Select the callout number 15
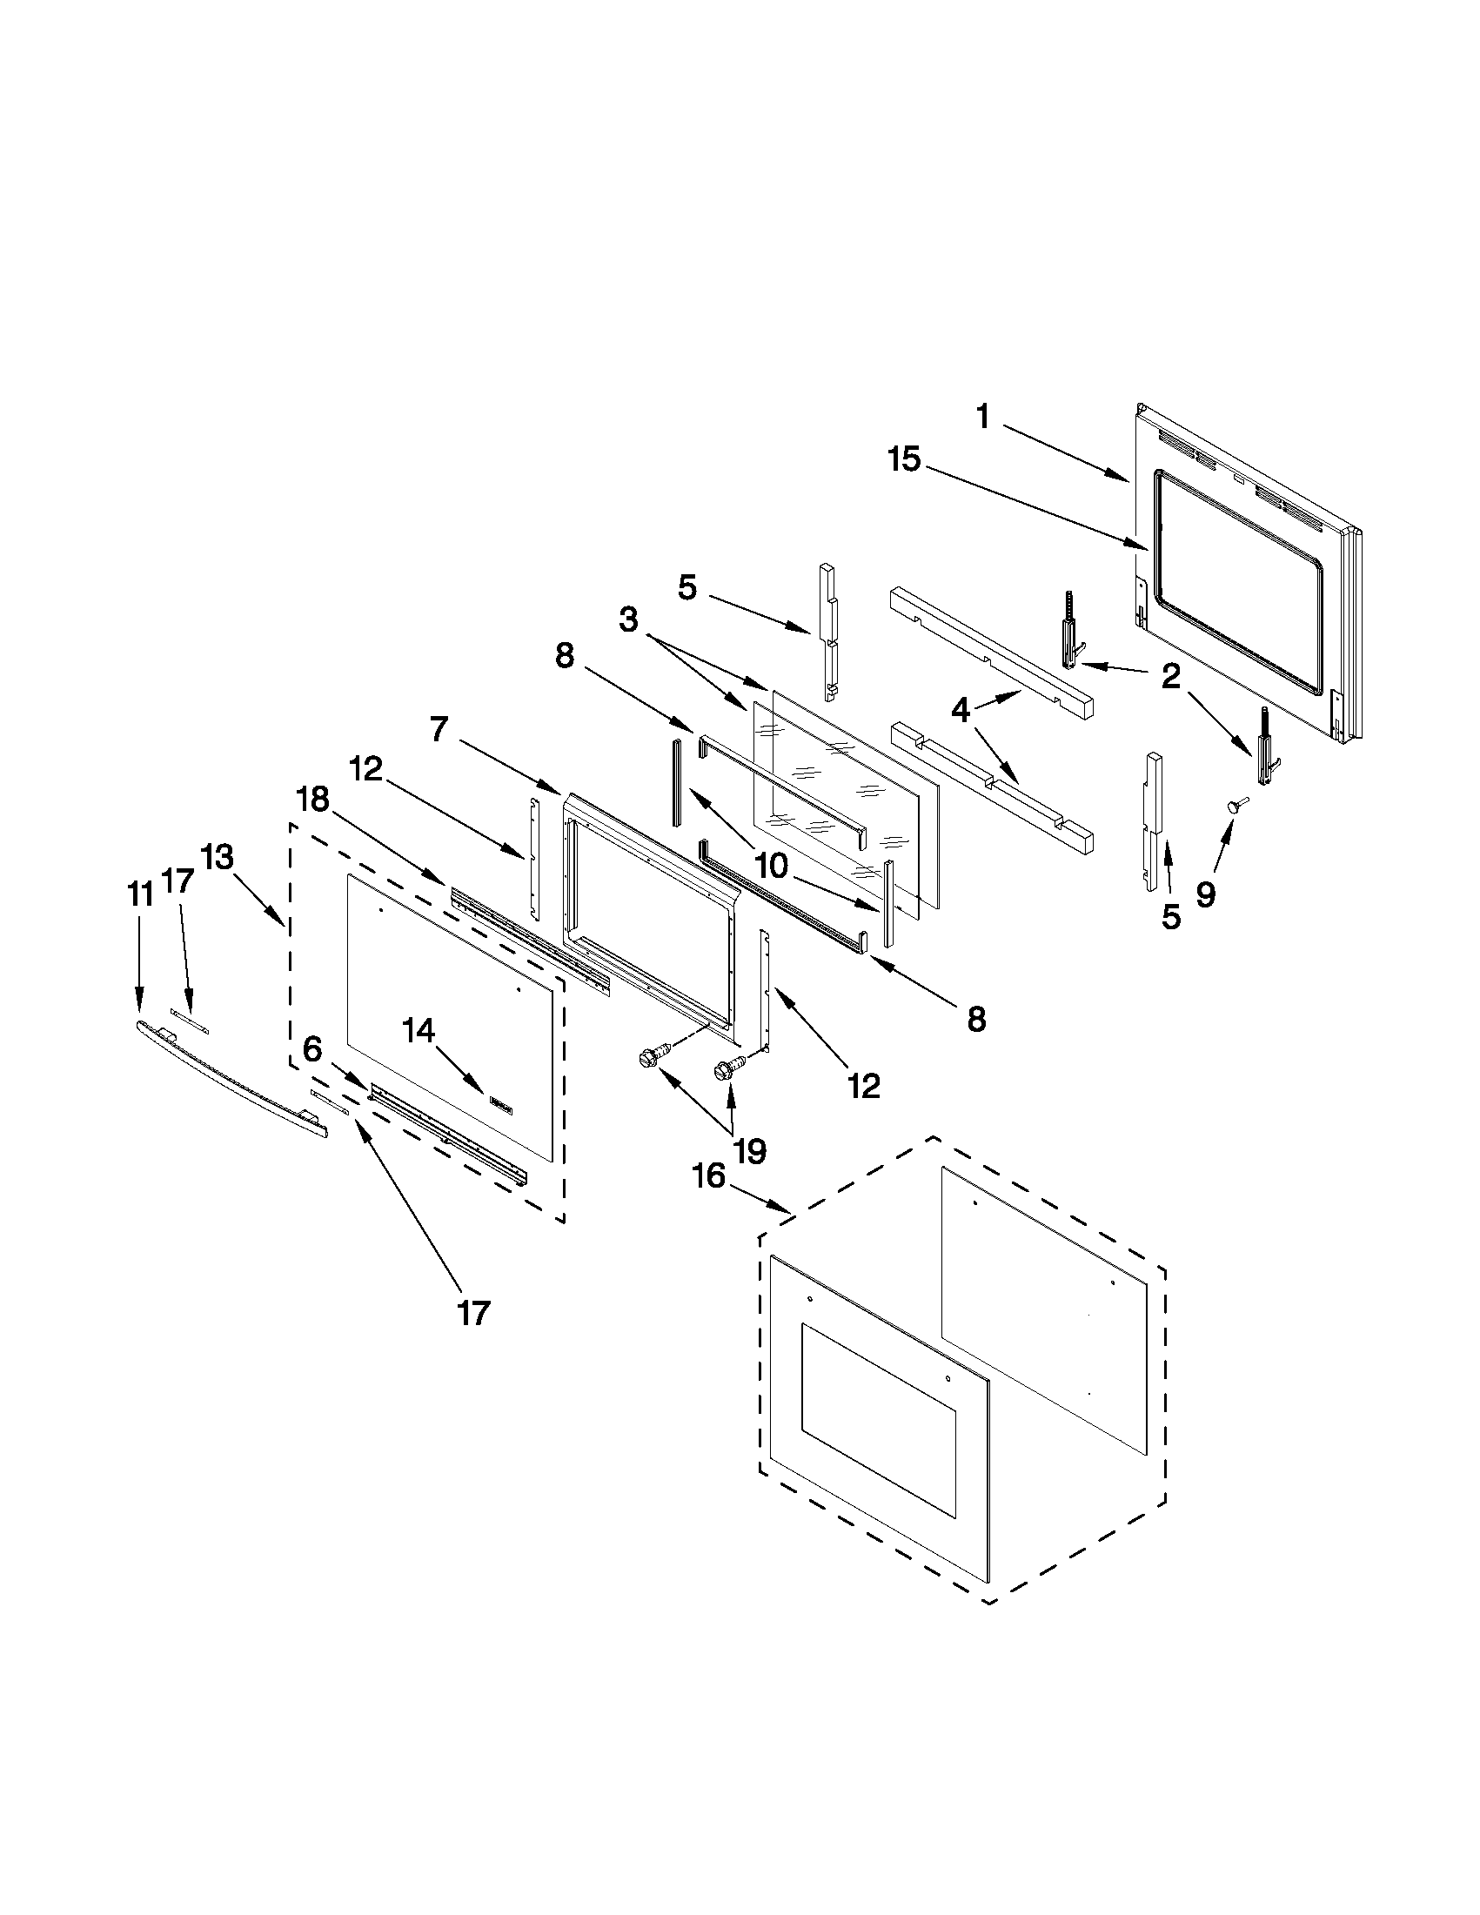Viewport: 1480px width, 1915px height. point(904,459)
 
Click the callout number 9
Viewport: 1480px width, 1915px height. point(1206,894)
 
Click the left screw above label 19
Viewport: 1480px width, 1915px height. point(652,1057)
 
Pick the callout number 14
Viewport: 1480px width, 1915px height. point(419,1031)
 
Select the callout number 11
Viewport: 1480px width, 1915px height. point(139,894)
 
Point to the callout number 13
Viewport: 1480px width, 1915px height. point(217,857)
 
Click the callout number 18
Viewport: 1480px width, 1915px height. point(313,799)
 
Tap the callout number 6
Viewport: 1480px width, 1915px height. point(312,1048)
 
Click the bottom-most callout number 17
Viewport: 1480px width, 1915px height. point(472,1313)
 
